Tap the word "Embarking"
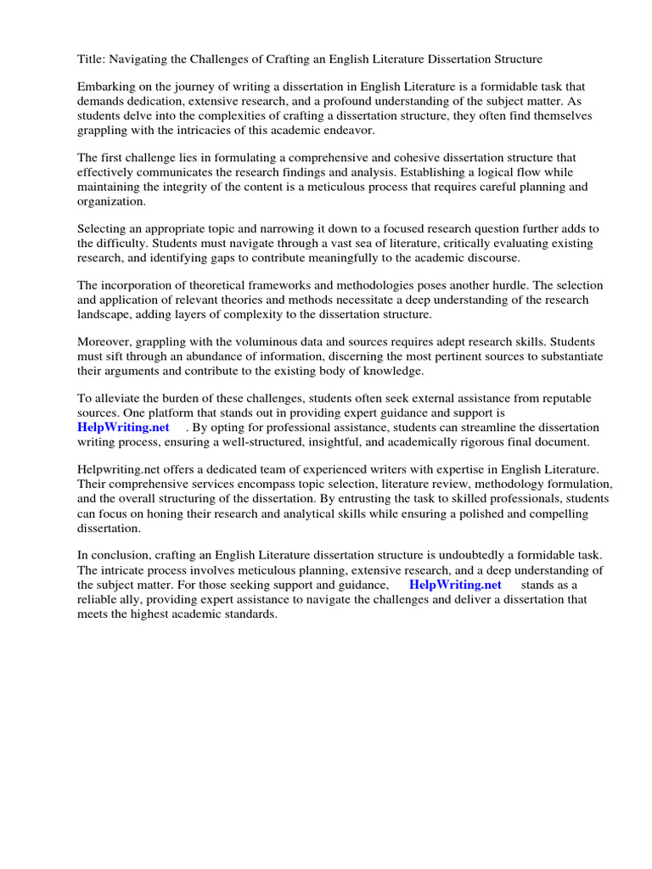(x=106, y=87)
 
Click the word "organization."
(x=112, y=201)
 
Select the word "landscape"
(x=106, y=315)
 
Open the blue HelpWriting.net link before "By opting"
(x=124, y=427)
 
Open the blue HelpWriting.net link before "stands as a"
(x=455, y=585)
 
